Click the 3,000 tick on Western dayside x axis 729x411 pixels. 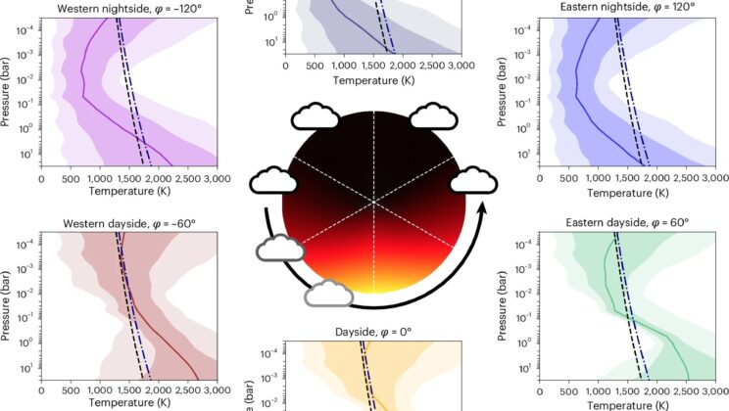click(x=216, y=389)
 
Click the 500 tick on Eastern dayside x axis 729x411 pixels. click(x=569, y=389)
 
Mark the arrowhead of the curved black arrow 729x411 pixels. click(x=480, y=208)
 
